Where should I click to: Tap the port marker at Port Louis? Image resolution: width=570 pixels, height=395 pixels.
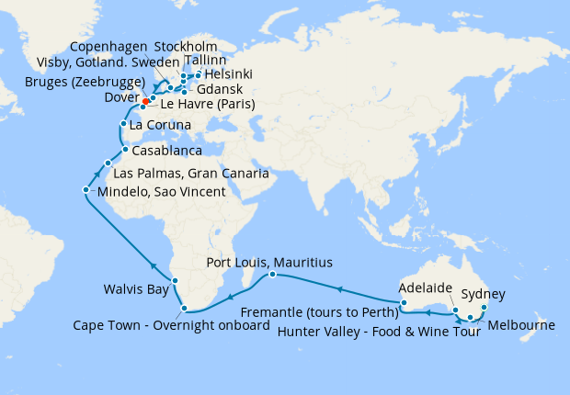pyautogui.click(x=273, y=275)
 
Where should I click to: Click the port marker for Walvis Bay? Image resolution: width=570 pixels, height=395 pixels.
pyautogui.click(x=174, y=281)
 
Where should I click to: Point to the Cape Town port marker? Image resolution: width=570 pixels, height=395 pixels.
pyautogui.click(x=186, y=309)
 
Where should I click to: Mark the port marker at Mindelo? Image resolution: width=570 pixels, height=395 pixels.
pyautogui.click(x=85, y=190)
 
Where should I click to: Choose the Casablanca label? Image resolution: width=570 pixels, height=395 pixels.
pyautogui.click(x=166, y=149)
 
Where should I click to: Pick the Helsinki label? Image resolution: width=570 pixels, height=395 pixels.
pyautogui.click(x=229, y=74)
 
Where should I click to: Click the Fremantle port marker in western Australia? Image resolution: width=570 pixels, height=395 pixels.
pyautogui.click(x=402, y=302)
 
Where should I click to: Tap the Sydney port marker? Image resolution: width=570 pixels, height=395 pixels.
pyautogui.click(x=484, y=308)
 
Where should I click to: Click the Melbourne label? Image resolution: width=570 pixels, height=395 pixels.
pyautogui.click(x=521, y=325)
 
